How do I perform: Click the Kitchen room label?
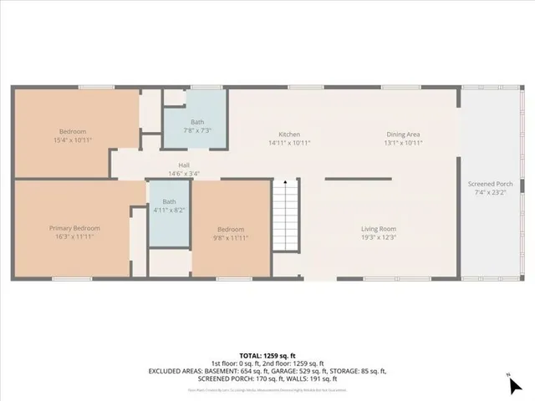pos(289,135)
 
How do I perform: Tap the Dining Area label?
pos(403,135)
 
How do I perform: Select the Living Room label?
pos(379,229)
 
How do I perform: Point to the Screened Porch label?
pos(491,184)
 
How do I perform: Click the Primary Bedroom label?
pos(74,229)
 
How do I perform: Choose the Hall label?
pos(184,165)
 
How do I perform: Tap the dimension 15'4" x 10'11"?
pos(75,140)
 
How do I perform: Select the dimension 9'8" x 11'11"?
pos(231,237)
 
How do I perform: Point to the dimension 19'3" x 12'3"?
pos(379,237)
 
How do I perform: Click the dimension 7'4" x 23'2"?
pos(491,192)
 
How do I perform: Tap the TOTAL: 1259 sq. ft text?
pos(267,355)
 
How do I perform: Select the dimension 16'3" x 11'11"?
pos(74,237)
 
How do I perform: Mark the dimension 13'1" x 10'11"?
pos(403,143)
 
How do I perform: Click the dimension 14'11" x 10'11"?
pos(289,143)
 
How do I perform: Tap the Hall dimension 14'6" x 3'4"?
pos(184,174)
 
